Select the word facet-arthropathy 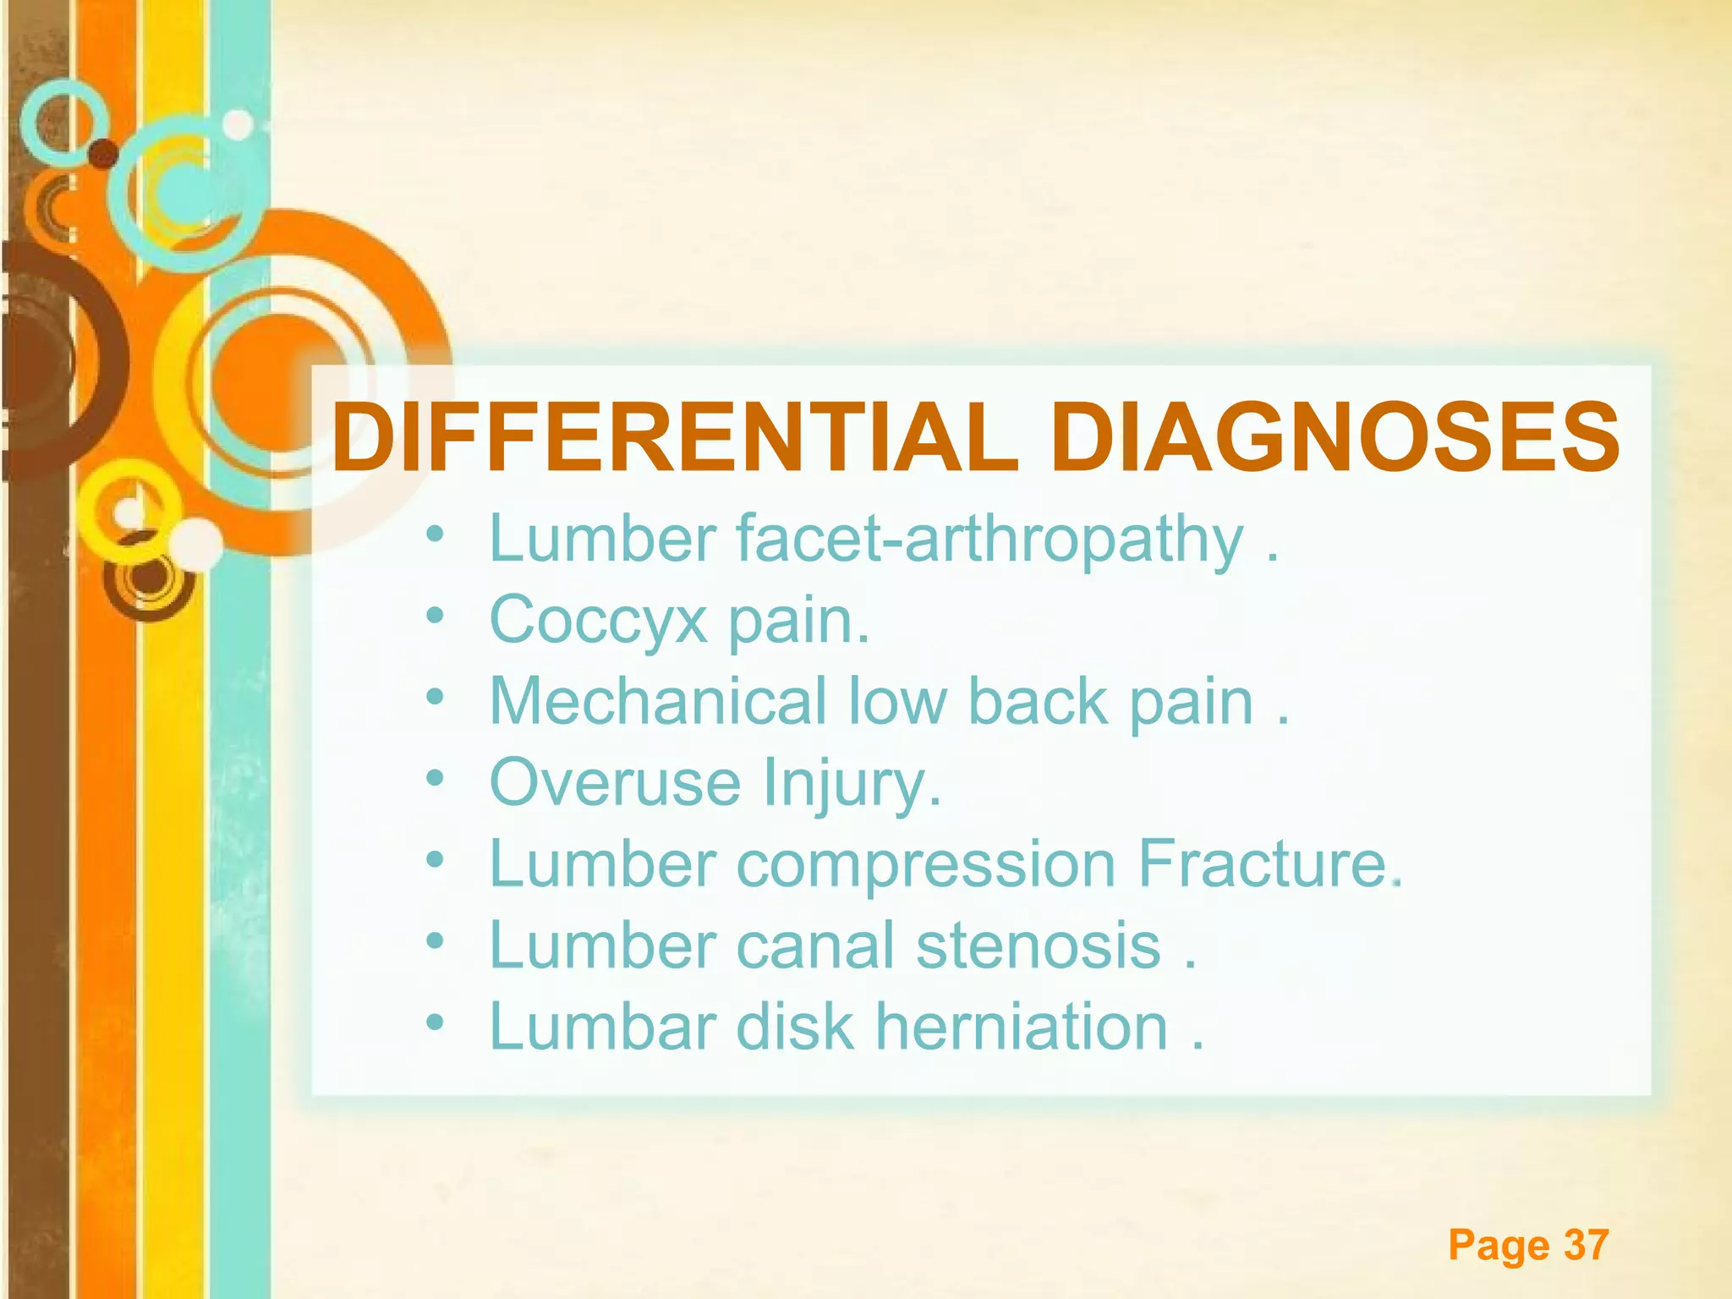989,539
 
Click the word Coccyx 598,620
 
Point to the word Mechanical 658,701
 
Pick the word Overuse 615,782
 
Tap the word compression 926,863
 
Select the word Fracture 1263,863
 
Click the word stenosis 1039,945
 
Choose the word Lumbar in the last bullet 602,1026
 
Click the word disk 795,1026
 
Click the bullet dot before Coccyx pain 435,617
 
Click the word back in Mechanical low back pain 1038,701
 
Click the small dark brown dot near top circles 104,153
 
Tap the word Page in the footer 1499,1245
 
